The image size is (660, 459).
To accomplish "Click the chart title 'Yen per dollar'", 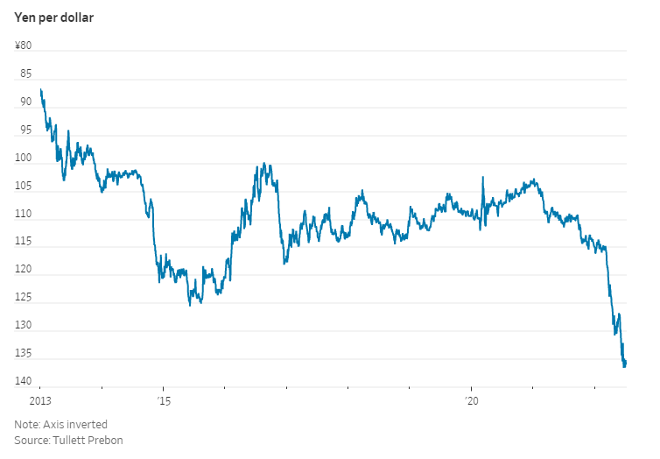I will point(53,17).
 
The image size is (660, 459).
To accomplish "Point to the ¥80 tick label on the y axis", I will point(23,46).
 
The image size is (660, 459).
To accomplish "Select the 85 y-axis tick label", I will point(25,74).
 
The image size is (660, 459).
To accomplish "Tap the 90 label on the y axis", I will point(25,102).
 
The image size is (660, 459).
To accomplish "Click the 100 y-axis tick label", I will point(23,159).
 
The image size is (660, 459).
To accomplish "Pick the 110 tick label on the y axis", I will point(23,215).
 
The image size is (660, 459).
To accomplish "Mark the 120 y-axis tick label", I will point(23,271).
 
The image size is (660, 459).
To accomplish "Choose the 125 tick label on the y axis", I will point(23,299).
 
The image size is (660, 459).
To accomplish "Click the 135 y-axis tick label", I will point(23,354).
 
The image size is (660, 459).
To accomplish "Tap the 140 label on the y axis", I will point(23,382).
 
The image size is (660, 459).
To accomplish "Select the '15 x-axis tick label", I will point(164,401).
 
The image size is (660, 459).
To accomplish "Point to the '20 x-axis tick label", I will point(472,401).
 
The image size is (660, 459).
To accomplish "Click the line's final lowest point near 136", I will point(624,366).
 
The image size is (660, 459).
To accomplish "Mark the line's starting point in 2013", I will point(40,89).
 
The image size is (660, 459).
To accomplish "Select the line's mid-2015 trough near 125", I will point(190,305).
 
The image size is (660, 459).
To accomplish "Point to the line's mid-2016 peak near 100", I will point(263,164).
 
